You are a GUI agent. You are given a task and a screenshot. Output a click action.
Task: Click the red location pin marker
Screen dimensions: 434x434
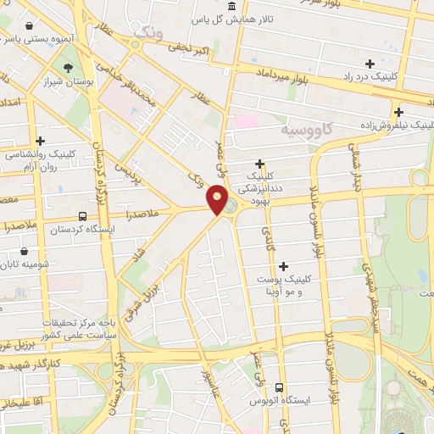pyautogui.click(x=218, y=199)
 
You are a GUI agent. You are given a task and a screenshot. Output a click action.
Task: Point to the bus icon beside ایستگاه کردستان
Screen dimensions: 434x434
pyautogui.click(x=82, y=216)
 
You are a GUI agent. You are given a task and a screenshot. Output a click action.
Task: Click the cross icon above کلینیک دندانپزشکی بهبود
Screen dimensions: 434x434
pyautogui.click(x=259, y=164)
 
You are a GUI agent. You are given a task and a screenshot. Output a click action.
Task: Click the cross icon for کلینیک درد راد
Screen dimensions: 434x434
pyautogui.click(x=370, y=64)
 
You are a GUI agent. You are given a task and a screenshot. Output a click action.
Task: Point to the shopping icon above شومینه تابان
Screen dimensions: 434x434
pyautogui.click(x=24, y=252)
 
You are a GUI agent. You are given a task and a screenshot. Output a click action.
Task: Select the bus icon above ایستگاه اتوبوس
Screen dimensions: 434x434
pyautogui.click(x=279, y=387)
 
